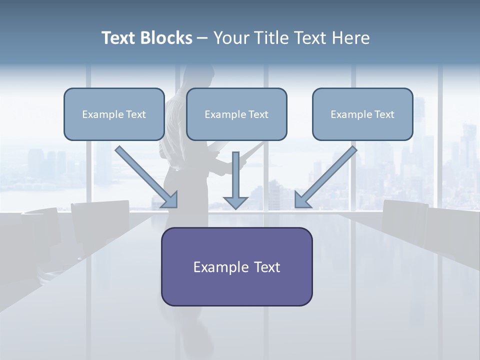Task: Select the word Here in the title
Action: coord(351,38)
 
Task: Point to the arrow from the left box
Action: coord(145,176)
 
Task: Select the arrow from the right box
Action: coord(327,176)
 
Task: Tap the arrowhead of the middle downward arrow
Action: coord(235,202)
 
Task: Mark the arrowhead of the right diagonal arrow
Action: coord(302,200)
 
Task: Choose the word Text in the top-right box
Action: coord(384,114)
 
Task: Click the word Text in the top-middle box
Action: coord(258,114)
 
